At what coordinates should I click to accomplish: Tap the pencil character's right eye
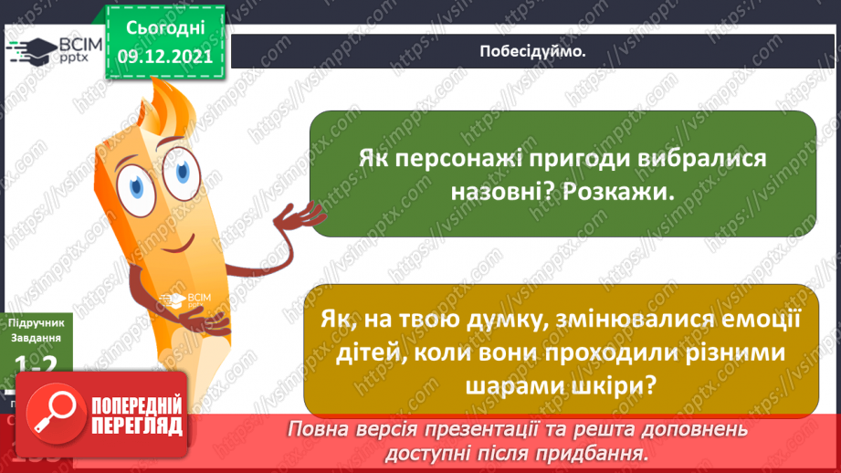click(185, 171)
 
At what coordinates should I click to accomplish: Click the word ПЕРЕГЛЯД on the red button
click(138, 426)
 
